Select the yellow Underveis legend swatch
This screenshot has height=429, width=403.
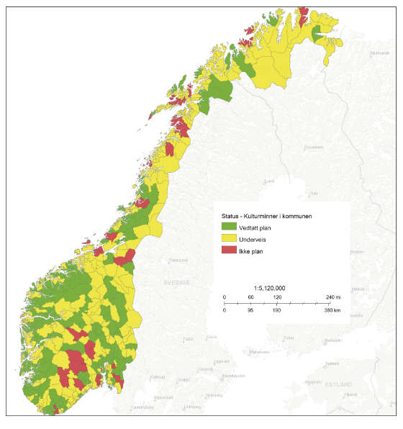pyautogui.click(x=229, y=239)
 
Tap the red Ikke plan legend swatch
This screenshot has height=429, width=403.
pyautogui.click(x=229, y=250)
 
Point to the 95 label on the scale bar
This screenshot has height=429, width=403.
pyautogui.click(x=250, y=311)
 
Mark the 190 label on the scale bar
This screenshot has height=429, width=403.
pyautogui.click(x=276, y=311)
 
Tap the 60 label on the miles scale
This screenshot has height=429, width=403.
pyautogui.click(x=250, y=297)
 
